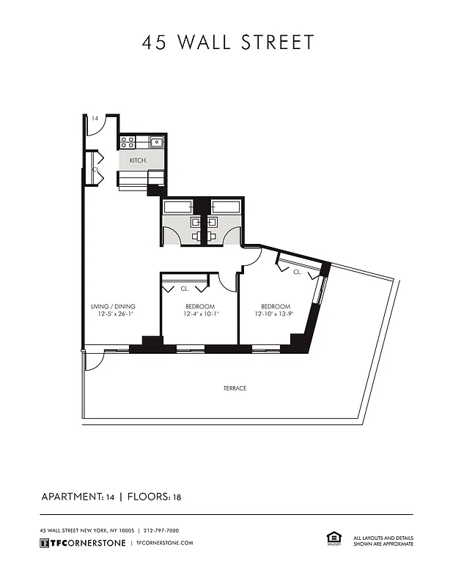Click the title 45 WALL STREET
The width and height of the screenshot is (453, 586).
(x=227, y=42)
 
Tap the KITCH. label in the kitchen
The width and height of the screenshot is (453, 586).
(x=138, y=160)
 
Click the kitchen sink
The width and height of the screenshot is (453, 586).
(x=156, y=143)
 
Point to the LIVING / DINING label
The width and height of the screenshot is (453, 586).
(x=113, y=306)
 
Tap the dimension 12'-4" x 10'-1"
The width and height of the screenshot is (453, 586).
(x=200, y=314)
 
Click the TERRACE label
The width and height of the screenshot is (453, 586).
(x=235, y=388)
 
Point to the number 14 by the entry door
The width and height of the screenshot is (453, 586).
(x=95, y=118)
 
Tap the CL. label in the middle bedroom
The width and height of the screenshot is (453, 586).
(x=184, y=288)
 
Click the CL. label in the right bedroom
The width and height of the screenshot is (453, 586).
(x=297, y=272)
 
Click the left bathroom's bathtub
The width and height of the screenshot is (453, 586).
(x=178, y=206)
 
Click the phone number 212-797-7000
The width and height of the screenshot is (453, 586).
(x=161, y=530)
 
